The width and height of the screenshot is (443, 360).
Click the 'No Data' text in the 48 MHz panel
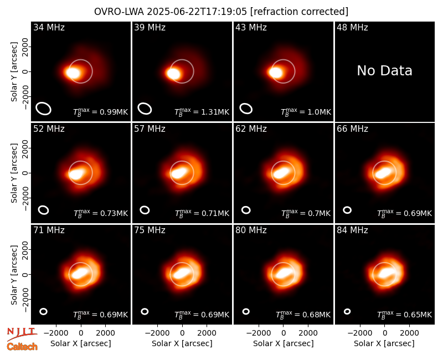[x=384, y=71]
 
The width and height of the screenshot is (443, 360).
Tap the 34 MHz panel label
[x=49, y=27]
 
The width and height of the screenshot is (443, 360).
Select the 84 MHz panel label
[x=352, y=230]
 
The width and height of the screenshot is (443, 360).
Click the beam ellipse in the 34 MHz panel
[x=43, y=109]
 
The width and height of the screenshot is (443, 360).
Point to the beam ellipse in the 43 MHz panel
[x=246, y=109]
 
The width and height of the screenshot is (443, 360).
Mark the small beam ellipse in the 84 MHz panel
[x=347, y=311]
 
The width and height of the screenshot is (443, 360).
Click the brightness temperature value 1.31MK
[x=215, y=112]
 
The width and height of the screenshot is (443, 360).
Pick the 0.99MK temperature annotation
[x=114, y=112]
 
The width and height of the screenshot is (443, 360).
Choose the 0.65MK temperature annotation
[x=418, y=315]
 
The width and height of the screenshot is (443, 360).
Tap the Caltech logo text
[x=22, y=347]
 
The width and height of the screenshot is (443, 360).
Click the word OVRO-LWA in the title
[x=119, y=12]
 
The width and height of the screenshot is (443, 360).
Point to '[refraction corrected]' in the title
[x=299, y=12]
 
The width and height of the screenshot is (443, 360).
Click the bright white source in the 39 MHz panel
[x=173, y=74]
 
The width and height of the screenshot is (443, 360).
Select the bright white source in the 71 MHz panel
[x=80, y=272]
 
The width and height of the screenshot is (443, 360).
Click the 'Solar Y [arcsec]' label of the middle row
[x=14, y=173]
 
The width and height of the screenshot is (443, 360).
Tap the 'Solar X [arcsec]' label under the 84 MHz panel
[x=384, y=343]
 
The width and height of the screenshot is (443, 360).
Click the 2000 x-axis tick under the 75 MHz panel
[x=207, y=333]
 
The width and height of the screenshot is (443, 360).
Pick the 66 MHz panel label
[x=352, y=129]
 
